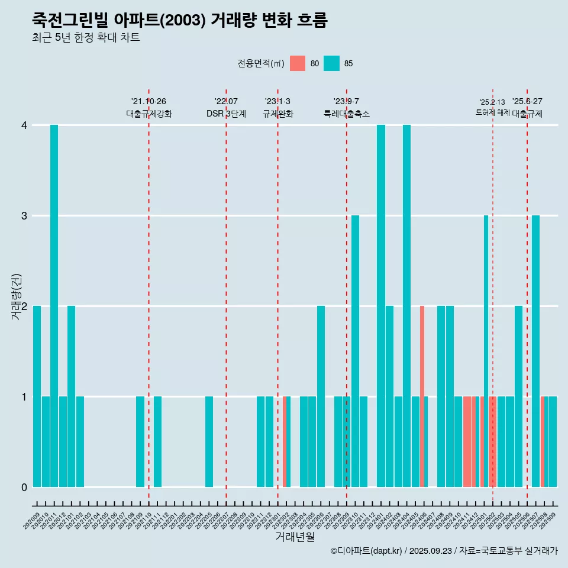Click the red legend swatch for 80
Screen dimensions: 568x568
click(x=298, y=63)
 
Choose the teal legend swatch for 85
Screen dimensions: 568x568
click(x=332, y=63)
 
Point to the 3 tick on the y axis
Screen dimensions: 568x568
click(x=24, y=215)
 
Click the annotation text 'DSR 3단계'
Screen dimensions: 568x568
click(x=226, y=114)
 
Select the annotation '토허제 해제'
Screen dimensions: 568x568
click(x=492, y=112)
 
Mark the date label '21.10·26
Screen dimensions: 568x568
click(x=149, y=101)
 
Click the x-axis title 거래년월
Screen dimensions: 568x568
click(x=295, y=537)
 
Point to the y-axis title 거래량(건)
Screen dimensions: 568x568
click(x=16, y=296)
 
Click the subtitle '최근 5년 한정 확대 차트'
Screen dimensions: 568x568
click(x=86, y=38)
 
